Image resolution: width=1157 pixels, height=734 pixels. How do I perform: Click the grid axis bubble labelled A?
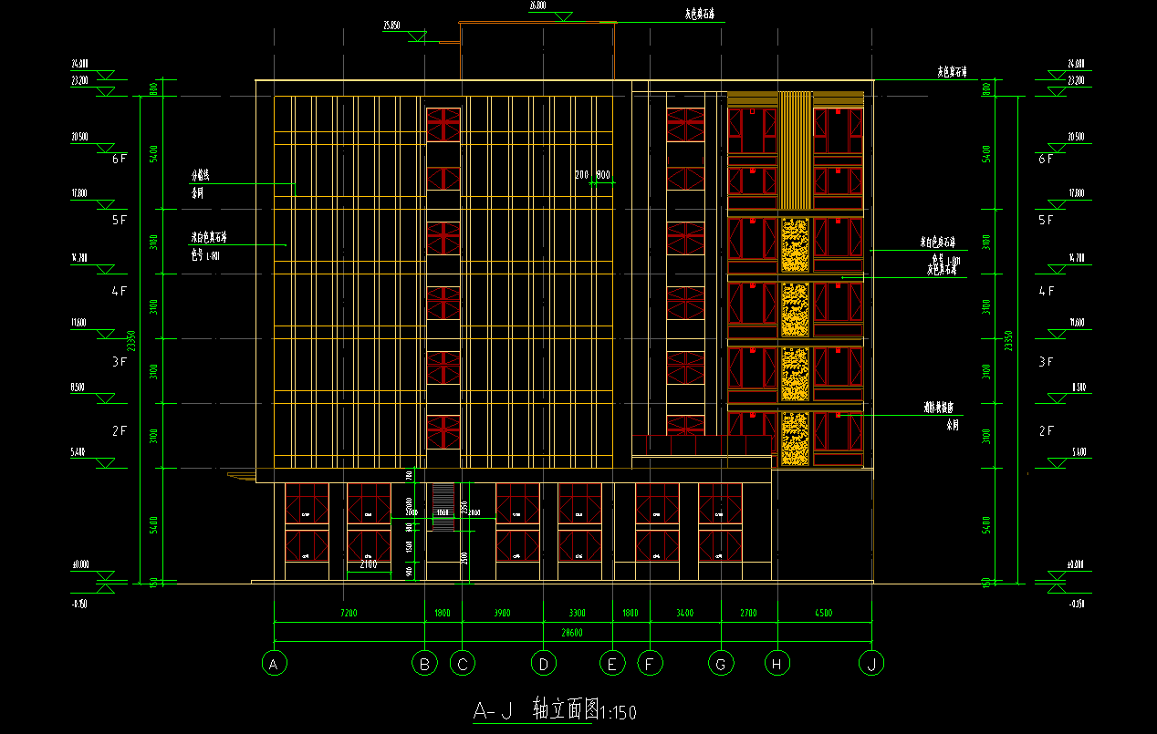pyautogui.click(x=273, y=665)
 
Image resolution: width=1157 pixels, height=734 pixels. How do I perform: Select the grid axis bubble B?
pyautogui.click(x=424, y=665)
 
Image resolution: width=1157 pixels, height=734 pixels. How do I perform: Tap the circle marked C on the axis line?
pyautogui.click(x=462, y=665)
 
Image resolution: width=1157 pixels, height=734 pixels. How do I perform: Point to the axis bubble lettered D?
pyautogui.click(x=543, y=665)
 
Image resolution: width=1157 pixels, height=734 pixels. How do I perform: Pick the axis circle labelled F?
pyautogui.click(x=650, y=665)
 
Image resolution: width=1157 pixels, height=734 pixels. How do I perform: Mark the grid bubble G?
pyautogui.click(x=721, y=665)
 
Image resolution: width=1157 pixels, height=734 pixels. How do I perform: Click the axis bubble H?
pyautogui.click(x=777, y=665)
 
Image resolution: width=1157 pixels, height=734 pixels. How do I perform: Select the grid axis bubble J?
pyautogui.click(x=871, y=665)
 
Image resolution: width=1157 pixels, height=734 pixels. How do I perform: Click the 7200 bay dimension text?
pyautogui.click(x=349, y=613)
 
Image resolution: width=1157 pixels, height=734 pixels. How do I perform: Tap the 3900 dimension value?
pyautogui.click(x=502, y=613)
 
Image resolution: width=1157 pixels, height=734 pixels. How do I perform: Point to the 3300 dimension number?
pyautogui.click(x=578, y=613)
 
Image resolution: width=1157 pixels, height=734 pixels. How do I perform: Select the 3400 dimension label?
pyautogui.click(x=684, y=613)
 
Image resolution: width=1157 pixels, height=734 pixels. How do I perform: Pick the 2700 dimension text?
pyautogui.click(x=748, y=613)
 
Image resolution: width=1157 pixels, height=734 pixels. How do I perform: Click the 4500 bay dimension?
pyautogui.click(x=824, y=613)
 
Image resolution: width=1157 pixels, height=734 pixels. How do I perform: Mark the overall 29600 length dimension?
pyautogui.click(x=572, y=634)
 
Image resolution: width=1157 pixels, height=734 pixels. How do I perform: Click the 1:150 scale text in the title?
pyautogui.click(x=618, y=712)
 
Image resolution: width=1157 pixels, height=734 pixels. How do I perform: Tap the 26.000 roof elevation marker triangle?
pyautogui.click(x=563, y=16)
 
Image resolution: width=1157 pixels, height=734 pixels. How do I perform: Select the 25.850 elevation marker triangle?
pyautogui.click(x=418, y=36)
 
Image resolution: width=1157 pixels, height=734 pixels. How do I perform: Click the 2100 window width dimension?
pyautogui.click(x=368, y=565)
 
